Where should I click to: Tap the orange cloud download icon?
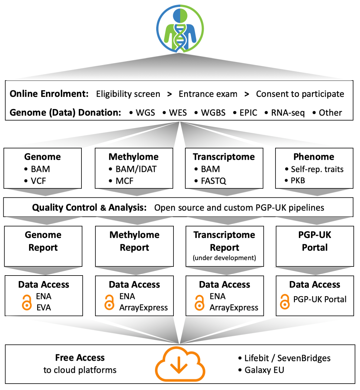180,364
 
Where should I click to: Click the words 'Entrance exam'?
208,94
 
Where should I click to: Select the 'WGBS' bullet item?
213,113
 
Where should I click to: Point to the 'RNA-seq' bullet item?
288,113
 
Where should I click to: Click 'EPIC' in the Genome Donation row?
248,113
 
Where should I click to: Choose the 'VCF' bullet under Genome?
38,181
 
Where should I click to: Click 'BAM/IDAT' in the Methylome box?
136,169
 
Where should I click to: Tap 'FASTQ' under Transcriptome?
213,181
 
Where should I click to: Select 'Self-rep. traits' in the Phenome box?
317,169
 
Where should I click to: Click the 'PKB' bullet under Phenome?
298,180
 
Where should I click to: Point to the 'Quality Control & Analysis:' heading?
89,207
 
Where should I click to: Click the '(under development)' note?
224,258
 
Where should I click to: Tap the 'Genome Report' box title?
43,241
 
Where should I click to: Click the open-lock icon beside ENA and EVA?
27,302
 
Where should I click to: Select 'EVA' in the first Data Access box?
44,308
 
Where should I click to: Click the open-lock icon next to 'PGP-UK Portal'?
285,302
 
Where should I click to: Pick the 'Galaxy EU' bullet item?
264,370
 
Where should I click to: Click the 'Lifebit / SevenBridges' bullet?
287,358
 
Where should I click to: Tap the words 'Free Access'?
80,358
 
